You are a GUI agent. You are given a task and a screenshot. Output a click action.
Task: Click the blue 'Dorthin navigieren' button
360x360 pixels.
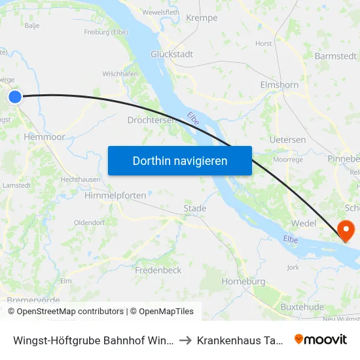coord(180,160)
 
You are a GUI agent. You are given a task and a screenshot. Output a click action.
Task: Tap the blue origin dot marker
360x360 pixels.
coord(15,97)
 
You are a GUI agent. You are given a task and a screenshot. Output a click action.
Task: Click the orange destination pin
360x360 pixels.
coord(344,229)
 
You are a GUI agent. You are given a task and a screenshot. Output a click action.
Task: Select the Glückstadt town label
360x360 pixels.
coord(171,54)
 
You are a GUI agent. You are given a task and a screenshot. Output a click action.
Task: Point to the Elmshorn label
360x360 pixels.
coord(279,85)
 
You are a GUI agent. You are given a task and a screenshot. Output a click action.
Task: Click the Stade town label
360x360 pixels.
coord(194,208)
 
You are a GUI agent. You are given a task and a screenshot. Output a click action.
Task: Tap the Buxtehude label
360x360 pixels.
coord(302,306)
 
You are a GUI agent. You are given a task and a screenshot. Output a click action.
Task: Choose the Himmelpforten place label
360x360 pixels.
coord(115,195)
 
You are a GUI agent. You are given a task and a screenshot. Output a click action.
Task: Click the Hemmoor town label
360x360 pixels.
coord(44,137)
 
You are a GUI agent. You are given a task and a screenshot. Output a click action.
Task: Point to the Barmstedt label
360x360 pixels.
coord(335,56)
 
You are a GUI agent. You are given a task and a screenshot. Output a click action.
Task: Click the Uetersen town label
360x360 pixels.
coord(287,140)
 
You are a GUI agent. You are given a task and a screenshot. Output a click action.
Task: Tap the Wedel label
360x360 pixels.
coord(303,223)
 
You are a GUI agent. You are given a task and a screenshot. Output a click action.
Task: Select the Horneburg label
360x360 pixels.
coord(243,281)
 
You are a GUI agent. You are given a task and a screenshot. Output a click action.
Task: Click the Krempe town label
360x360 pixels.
coord(202,18)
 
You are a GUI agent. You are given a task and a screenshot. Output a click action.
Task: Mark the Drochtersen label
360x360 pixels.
coord(151,120)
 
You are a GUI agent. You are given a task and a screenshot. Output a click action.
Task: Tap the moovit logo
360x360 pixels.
coord(321,339)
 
